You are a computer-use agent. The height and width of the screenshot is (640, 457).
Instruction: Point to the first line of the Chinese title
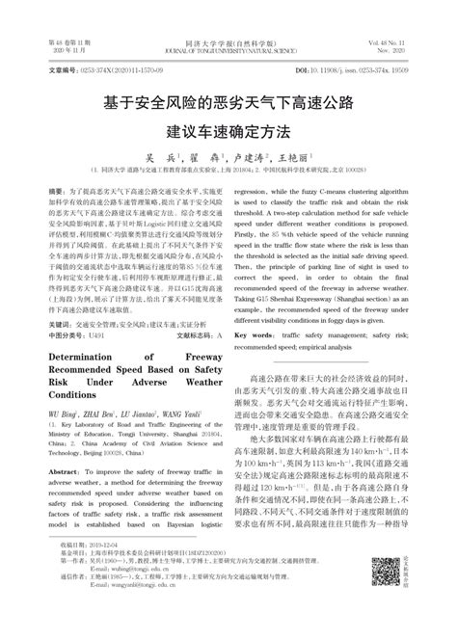[x=228, y=100]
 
